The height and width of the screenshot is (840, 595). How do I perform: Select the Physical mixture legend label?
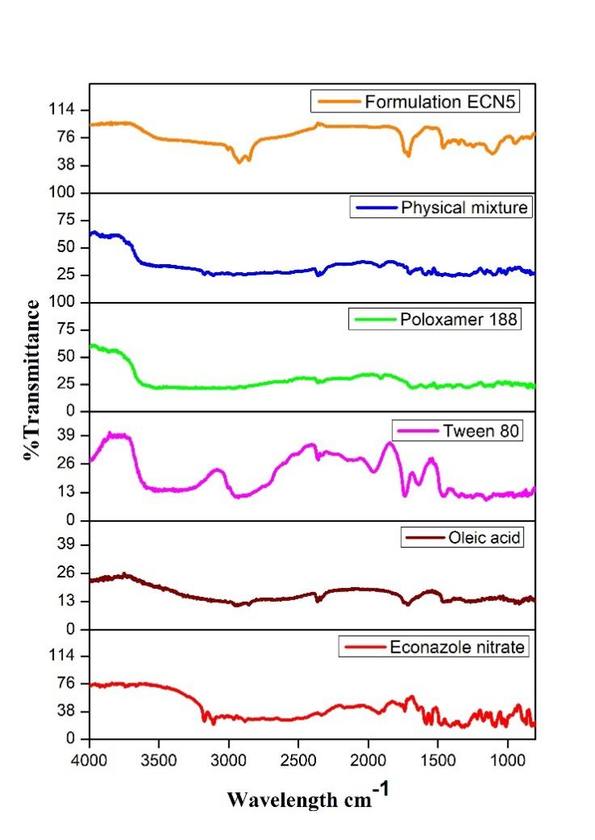coord(464,208)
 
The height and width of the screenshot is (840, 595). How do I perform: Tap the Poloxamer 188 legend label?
coord(458,319)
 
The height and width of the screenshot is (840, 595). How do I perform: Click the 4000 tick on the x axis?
coord(90,760)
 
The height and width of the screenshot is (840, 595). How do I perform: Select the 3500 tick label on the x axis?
coord(159,760)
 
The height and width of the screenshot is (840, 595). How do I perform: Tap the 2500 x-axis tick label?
coord(299,760)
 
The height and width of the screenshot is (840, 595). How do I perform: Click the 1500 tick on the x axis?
coord(438,760)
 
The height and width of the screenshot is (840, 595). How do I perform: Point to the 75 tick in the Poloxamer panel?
coord(71,330)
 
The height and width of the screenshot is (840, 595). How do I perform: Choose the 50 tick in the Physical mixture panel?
coord(71,247)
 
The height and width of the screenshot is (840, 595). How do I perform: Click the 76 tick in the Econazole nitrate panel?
coord(71,684)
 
